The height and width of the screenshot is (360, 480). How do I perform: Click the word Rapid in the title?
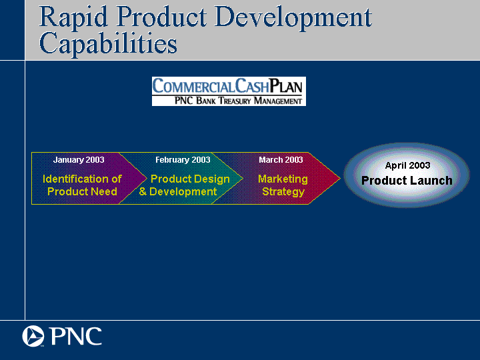[73, 18]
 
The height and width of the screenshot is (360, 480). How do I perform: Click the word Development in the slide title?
[293, 18]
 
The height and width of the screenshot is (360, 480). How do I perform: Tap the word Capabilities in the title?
[108, 44]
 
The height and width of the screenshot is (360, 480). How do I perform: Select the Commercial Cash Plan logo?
[229, 91]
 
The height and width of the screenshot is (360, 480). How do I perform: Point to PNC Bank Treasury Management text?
[238, 101]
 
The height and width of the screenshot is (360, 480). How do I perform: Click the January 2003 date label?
[79, 160]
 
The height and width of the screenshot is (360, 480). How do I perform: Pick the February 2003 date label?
[183, 160]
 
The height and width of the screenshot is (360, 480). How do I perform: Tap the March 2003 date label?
[281, 160]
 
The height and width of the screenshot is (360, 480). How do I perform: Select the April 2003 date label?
[407, 165]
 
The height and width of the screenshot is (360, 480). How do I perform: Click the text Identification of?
[82, 179]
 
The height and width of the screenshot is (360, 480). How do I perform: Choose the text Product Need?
[82, 191]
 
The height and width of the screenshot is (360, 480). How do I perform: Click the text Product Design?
[190, 179]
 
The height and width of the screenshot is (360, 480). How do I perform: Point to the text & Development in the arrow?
[178, 191]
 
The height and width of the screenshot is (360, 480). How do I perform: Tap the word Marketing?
[283, 179]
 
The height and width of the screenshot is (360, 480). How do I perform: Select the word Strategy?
[283, 192]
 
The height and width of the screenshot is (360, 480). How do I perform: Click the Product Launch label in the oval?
[407, 181]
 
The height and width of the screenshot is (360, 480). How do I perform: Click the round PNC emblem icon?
[33, 336]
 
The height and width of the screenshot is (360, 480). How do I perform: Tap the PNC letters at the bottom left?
[76, 336]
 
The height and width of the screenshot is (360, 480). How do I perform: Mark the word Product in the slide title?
[161, 18]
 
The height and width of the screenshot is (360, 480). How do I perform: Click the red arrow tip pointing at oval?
[340, 178]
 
